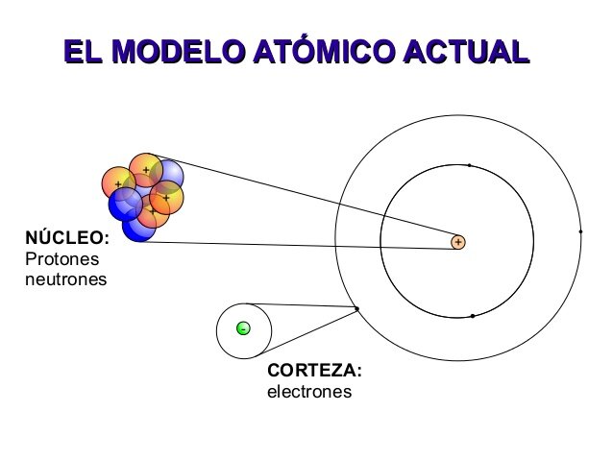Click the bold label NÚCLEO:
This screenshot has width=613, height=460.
pyautogui.click(x=66, y=239)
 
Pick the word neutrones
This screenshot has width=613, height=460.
pyautogui.click(x=65, y=280)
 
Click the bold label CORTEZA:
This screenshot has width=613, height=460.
pyautogui.click(x=314, y=371)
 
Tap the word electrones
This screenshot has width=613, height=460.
pyautogui.click(x=309, y=392)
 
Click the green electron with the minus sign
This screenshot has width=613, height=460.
pyautogui.click(x=244, y=329)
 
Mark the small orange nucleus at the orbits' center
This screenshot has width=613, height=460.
pyautogui.click(x=458, y=242)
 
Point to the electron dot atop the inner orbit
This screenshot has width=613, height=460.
pyautogui.click(x=469, y=165)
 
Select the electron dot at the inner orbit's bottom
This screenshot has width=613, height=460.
pyautogui.click(x=472, y=316)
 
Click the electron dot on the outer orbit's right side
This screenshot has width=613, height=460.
pyautogui.click(x=580, y=231)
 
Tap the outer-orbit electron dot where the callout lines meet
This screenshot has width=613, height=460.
pyautogui.click(x=356, y=308)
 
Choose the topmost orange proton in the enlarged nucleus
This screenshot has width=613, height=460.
pyautogui.click(x=146, y=170)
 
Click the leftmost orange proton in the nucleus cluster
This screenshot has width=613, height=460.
pyautogui.click(x=117, y=182)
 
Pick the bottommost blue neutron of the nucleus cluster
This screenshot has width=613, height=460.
pyautogui.click(x=138, y=226)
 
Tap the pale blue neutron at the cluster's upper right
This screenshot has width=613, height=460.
pyautogui.click(x=169, y=175)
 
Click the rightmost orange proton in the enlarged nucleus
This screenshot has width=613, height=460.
pyautogui.click(x=167, y=198)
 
